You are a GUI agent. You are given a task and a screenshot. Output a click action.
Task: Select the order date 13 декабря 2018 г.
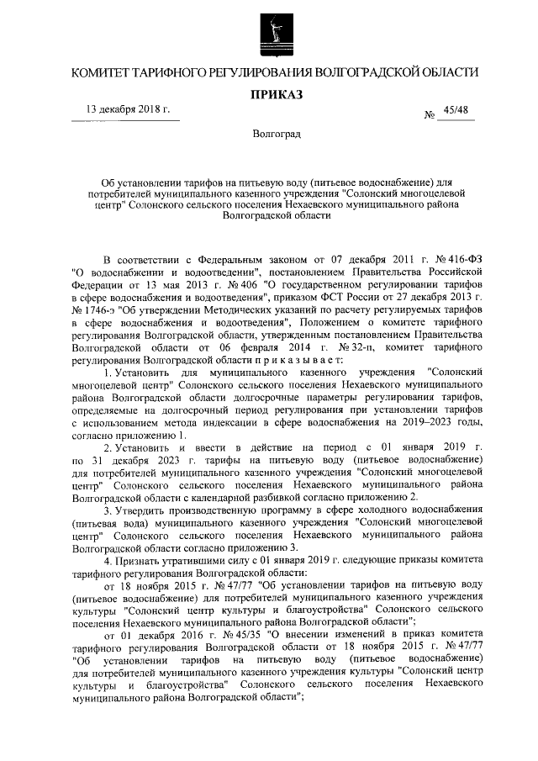point(129,110)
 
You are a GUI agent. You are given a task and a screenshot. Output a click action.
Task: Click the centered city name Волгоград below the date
point(271,135)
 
